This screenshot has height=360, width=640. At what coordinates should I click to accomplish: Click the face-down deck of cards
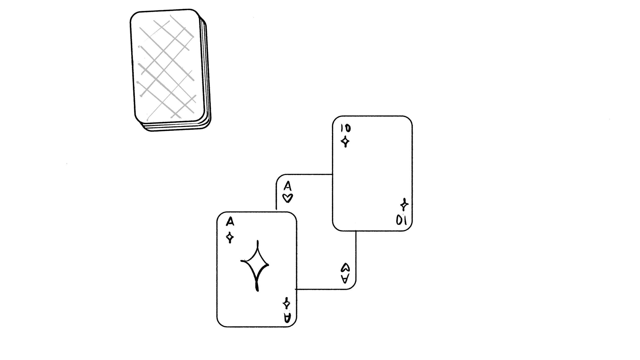click(170, 70)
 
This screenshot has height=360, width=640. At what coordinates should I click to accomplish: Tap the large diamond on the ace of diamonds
click(255, 266)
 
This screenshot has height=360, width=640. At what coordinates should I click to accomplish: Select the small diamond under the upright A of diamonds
click(230, 237)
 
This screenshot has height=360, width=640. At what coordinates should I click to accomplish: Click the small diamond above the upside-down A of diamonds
click(287, 304)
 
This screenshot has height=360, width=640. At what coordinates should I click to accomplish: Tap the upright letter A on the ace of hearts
click(288, 186)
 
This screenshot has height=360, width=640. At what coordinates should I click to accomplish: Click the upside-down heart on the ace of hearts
click(345, 267)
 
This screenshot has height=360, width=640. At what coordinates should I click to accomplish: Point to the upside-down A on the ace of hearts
click(345, 279)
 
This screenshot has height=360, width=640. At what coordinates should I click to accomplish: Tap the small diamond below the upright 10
click(346, 142)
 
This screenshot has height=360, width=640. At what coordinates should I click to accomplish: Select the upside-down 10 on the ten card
click(401, 220)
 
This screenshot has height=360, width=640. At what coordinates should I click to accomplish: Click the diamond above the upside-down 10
click(404, 205)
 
